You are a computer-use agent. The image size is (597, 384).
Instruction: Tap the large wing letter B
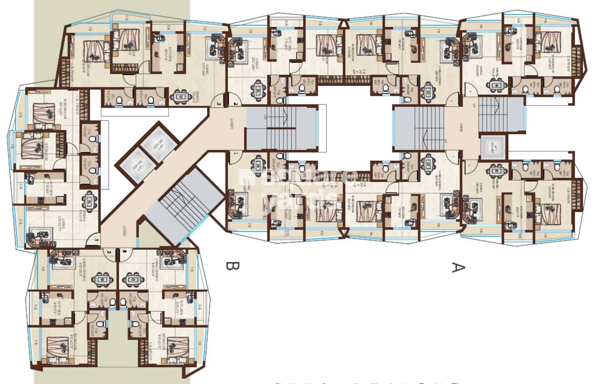click(x=232, y=266)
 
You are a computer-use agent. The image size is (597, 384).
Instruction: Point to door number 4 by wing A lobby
click(x=470, y=92)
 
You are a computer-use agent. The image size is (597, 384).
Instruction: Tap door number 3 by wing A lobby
click(x=451, y=101)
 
